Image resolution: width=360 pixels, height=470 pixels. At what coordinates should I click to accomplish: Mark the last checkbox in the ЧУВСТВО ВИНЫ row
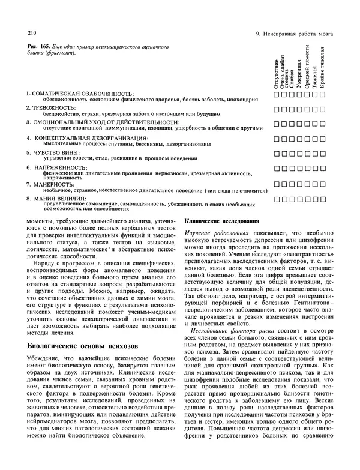(331, 154)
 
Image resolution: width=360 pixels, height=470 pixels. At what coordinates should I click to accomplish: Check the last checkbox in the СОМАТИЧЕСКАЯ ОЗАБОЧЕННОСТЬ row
(331, 95)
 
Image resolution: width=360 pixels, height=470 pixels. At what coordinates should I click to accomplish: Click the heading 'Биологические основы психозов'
(83, 346)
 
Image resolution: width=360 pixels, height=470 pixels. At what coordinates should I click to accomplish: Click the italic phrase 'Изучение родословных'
(211, 231)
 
